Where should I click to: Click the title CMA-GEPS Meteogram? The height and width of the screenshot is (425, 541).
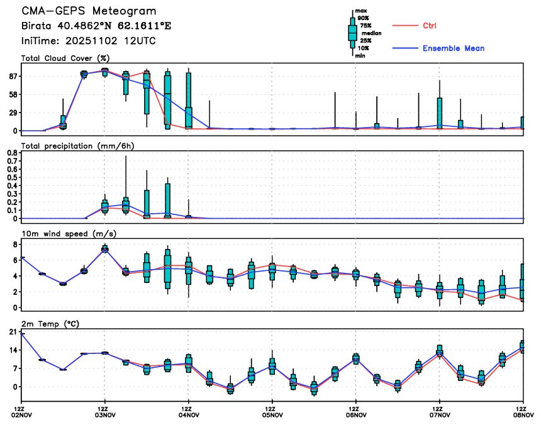89,11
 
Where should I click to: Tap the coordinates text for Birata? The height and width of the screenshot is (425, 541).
96,26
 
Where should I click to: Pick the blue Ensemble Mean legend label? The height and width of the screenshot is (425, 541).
453,48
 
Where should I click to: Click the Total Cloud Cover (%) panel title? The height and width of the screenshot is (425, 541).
62,58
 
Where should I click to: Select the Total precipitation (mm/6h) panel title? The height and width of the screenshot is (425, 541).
77,146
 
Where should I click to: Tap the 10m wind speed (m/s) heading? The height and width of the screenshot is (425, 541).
69,234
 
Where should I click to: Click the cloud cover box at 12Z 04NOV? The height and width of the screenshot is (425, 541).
188,101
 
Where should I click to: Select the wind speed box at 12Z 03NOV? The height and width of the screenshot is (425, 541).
105,249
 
